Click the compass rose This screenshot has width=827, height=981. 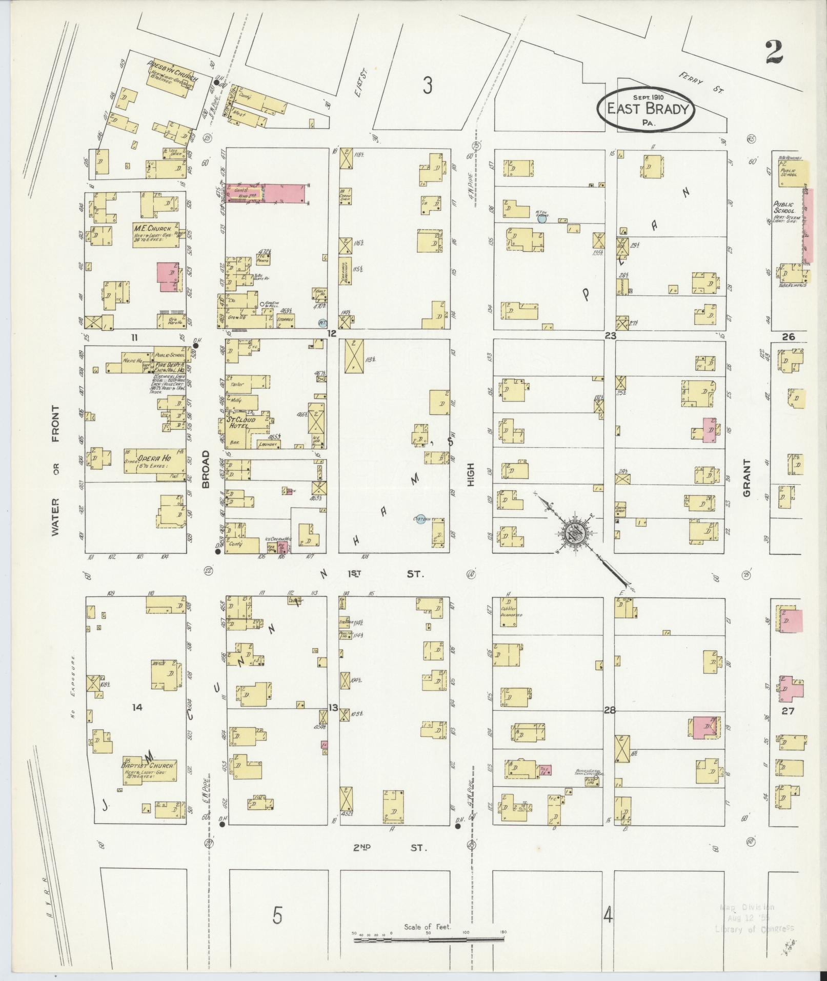[x=575, y=534]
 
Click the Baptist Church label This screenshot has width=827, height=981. [x=148, y=765]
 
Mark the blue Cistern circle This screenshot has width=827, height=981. [x=420, y=520]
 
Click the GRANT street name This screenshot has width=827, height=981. [x=746, y=478]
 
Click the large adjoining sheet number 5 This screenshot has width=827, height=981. [x=277, y=916]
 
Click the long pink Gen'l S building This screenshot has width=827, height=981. [x=267, y=194]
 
